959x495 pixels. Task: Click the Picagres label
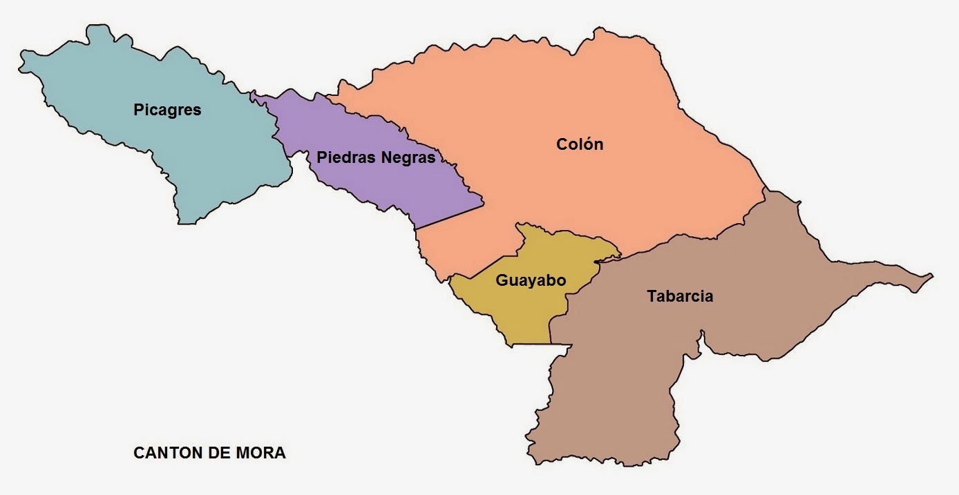pyautogui.click(x=167, y=110)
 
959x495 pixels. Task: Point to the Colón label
pyautogui.click(x=580, y=144)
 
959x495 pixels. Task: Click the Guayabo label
pyautogui.click(x=531, y=280)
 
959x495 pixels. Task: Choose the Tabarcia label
pyautogui.click(x=680, y=296)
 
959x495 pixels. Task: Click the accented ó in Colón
pyautogui.click(x=588, y=144)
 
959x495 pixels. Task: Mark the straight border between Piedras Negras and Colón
pyautogui.click(x=449, y=216)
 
